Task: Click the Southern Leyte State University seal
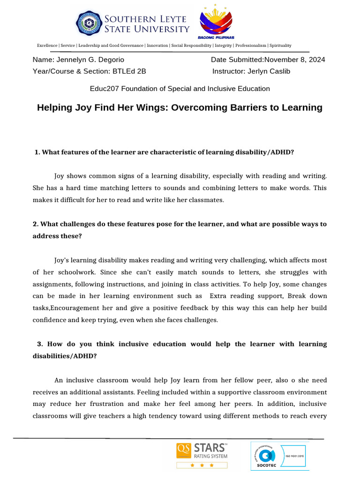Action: (88, 24)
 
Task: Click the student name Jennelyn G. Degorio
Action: (90, 60)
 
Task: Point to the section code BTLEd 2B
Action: (129, 71)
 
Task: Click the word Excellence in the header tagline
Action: (47, 45)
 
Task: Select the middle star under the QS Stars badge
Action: (202, 465)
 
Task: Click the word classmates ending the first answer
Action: (207, 200)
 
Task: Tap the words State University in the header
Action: (147, 29)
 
